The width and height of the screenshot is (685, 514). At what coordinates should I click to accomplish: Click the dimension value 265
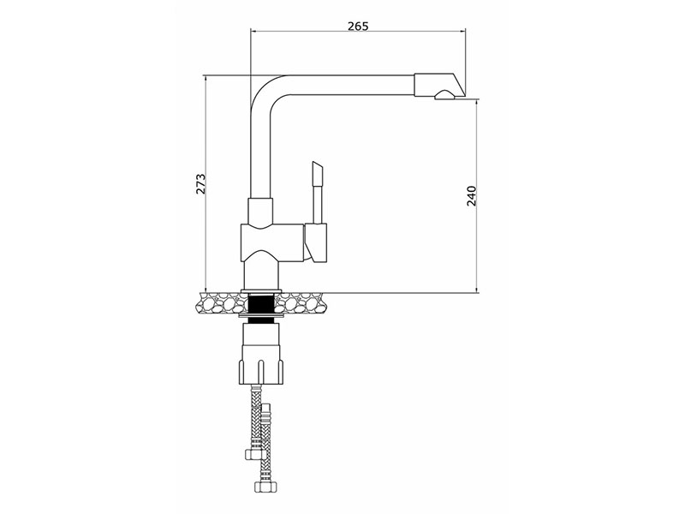358,26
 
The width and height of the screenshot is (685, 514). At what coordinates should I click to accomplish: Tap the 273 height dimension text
200,184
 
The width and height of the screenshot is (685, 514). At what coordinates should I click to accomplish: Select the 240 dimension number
472,196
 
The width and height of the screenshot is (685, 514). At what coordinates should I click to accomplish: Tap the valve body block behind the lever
271,243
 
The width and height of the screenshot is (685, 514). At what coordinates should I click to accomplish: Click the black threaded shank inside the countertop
261,309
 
